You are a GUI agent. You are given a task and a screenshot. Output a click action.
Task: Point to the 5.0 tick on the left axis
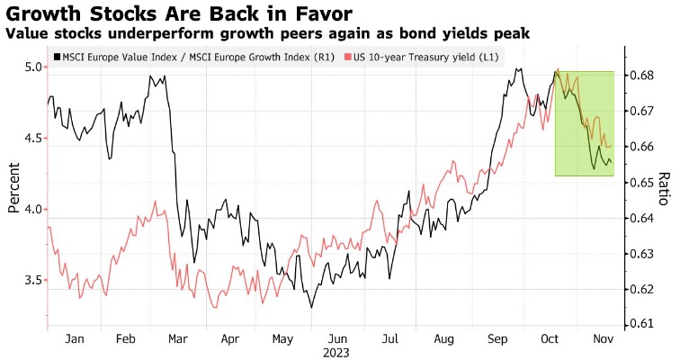click(x=33, y=67)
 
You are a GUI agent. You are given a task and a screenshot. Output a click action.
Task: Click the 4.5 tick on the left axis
click(x=33, y=138)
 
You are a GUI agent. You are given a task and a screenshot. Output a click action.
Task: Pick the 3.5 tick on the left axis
click(x=33, y=280)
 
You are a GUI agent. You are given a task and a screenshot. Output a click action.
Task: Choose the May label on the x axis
click(x=283, y=339)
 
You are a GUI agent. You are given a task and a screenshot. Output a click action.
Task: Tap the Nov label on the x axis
click(x=602, y=339)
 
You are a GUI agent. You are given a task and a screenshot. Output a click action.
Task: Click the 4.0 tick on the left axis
click(x=33, y=209)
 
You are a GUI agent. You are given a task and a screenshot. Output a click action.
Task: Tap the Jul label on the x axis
click(x=390, y=339)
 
